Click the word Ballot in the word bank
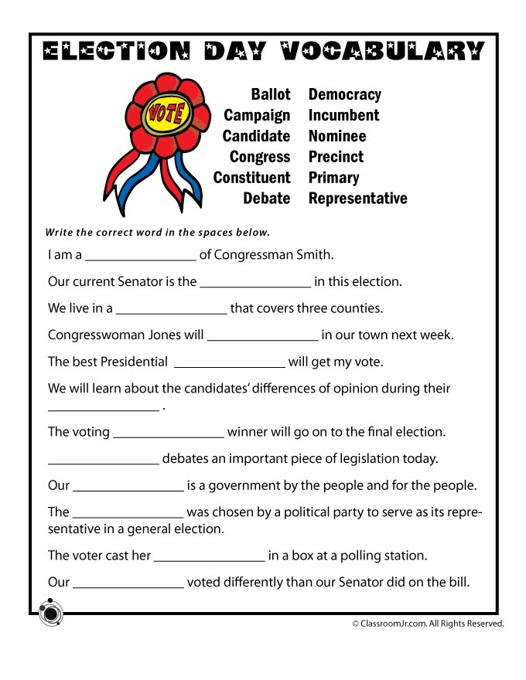click(x=270, y=94)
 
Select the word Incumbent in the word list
click(x=343, y=115)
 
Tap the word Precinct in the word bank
click(x=336, y=157)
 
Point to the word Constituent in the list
click(x=251, y=178)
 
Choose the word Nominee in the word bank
click(x=337, y=136)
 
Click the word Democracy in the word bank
click(x=345, y=94)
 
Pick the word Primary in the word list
click(x=333, y=178)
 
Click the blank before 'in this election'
click(x=255, y=285)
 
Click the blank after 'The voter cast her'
click(x=209, y=559)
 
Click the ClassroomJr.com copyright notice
click(x=428, y=623)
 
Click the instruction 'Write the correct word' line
click(x=157, y=232)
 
